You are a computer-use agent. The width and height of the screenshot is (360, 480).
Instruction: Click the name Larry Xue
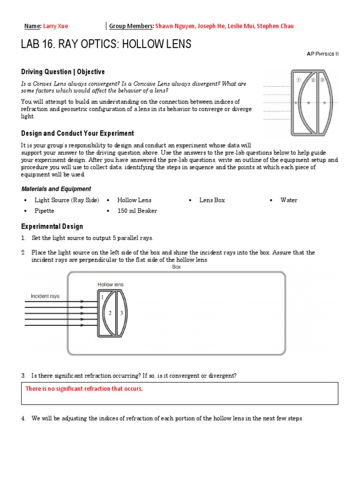[x=56, y=26]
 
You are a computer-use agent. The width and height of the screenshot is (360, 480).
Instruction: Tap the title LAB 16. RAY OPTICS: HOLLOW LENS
[x=106, y=45]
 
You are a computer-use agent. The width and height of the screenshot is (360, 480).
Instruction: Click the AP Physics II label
[x=322, y=54]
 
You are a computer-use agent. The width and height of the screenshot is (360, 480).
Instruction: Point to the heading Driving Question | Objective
[x=63, y=72]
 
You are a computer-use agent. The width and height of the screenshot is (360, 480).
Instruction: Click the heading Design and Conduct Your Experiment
[x=77, y=134]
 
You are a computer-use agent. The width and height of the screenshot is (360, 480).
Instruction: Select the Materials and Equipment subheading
[x=56, y=189]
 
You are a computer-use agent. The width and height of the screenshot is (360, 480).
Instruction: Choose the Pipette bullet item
[x=45, y=211]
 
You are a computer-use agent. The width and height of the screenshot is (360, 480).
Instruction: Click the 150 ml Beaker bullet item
[x=137, y=211]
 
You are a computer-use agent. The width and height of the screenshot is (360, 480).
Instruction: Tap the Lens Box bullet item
[x=212, y=200]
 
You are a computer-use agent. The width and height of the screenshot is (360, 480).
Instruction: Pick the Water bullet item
[x=289, y=200]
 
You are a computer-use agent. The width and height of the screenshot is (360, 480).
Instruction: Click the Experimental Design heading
[x=52, y=226]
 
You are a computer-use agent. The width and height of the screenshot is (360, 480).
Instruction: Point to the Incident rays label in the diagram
[x=45, y=296]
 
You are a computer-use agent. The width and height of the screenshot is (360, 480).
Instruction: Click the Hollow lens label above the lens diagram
[x=110, y=285]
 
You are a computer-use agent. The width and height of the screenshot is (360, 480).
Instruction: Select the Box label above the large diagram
[x=177, y=267]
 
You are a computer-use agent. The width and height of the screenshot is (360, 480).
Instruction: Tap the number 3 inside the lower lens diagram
[x=121, y=313]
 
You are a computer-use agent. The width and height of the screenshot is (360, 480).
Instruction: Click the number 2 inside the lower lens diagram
[x=110, y=313]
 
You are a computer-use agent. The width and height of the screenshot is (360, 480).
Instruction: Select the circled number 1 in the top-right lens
[x=298, y=80]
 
